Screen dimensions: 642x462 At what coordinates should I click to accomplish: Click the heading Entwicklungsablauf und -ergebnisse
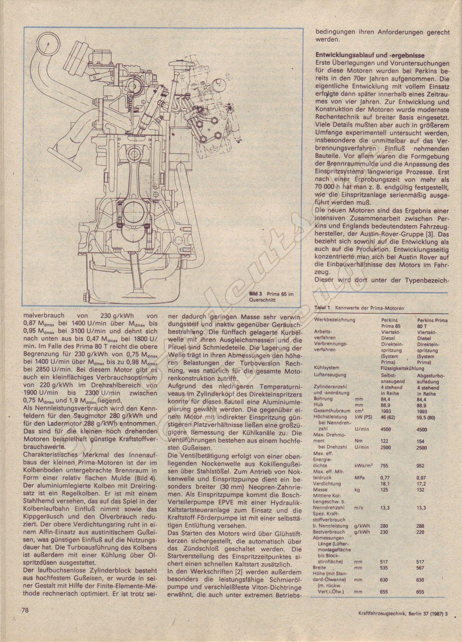click(x=369, y=55)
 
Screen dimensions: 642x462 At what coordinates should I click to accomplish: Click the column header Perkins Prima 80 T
click(x=432, y=323)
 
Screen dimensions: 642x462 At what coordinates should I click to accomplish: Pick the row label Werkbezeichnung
click(x=335, y=320)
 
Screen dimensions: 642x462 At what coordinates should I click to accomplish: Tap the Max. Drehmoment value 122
click(x=385, y=441)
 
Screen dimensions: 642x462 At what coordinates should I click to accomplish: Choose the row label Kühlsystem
click(x=327, y=368)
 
